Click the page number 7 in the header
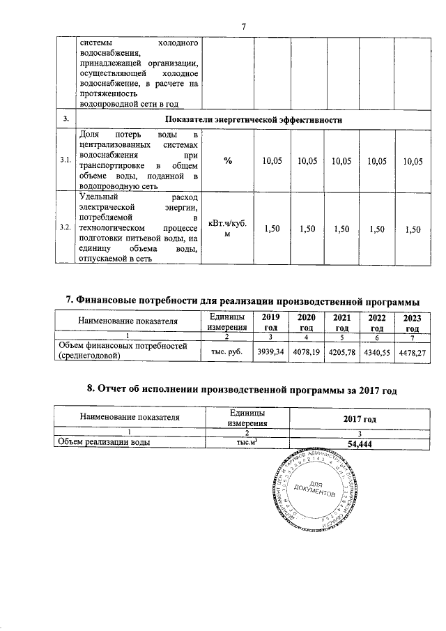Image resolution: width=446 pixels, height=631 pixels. (244, 26)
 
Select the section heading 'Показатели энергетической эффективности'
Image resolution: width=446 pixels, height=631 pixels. (252, 119)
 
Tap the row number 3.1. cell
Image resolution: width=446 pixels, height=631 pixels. (65, 160)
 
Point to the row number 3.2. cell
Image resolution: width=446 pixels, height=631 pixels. (65, 228)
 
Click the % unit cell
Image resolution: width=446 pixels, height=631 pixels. (228, 161)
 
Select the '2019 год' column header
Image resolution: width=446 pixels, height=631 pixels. (269, 322)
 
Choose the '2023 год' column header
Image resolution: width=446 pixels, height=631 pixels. (413, 322)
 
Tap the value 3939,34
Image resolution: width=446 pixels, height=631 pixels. (269, 352)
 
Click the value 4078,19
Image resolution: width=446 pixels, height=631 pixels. (306, 352)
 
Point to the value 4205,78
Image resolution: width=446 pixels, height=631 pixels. (341, 352)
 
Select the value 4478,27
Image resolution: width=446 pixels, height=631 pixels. (413, 352)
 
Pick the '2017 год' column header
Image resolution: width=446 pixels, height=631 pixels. (360, 419)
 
